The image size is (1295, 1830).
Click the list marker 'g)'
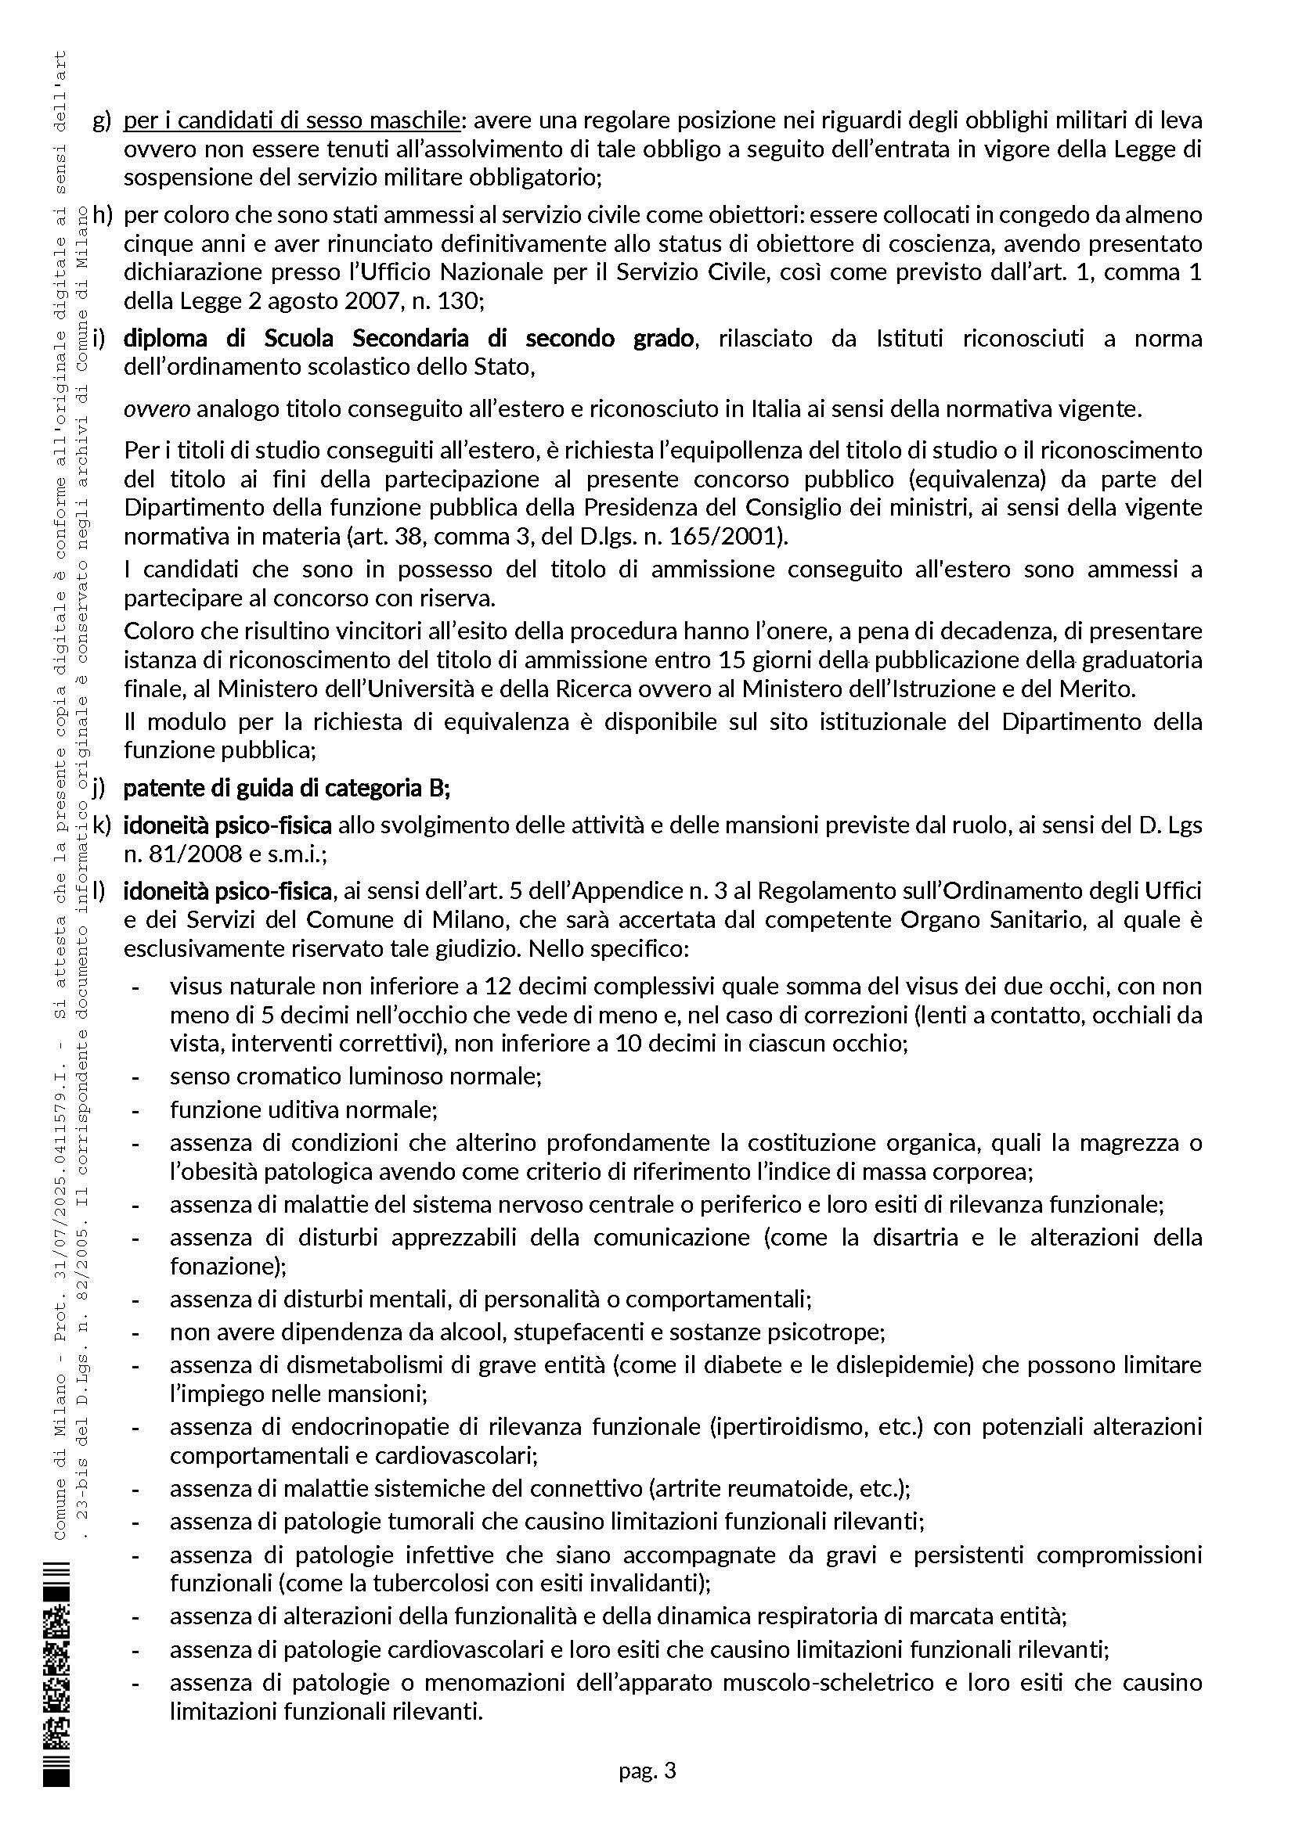coord(102,121)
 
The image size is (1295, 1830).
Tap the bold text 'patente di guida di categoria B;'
coord(287,789)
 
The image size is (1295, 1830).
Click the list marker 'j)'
coord(99,789)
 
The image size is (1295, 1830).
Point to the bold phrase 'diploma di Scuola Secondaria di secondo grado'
coord(408,339)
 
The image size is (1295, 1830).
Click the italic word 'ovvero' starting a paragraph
coord(157,410)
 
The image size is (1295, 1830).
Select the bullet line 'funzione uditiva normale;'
coord(303,1109)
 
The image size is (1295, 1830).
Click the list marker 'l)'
coord(99,890)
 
